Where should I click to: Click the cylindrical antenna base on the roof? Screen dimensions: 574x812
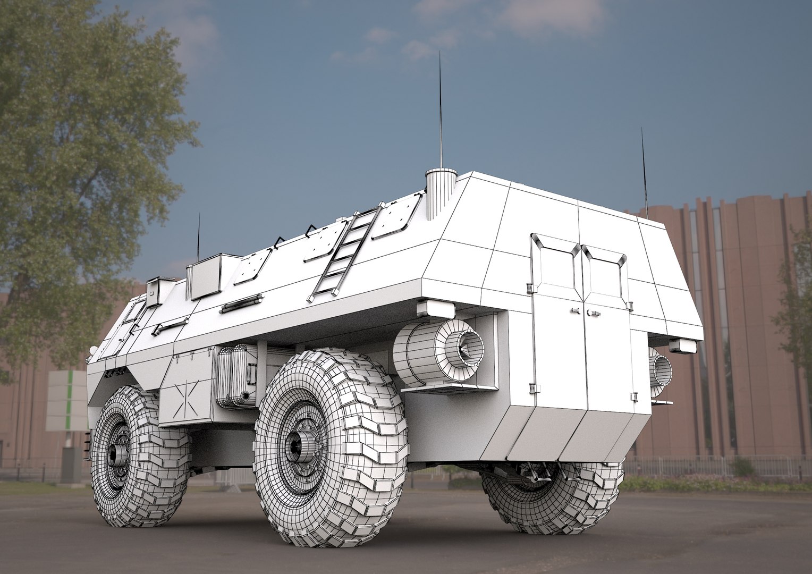pos(441,193)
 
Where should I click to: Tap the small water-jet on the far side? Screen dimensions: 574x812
pos(661,370)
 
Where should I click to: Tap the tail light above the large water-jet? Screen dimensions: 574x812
pos(435,309)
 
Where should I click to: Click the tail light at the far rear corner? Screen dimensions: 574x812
pos(683,346)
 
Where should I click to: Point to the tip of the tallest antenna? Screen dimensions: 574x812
pos(439,53)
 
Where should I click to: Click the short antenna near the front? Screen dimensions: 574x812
pos(198,239)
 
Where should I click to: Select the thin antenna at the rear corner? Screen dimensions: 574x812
pos(644,170)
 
